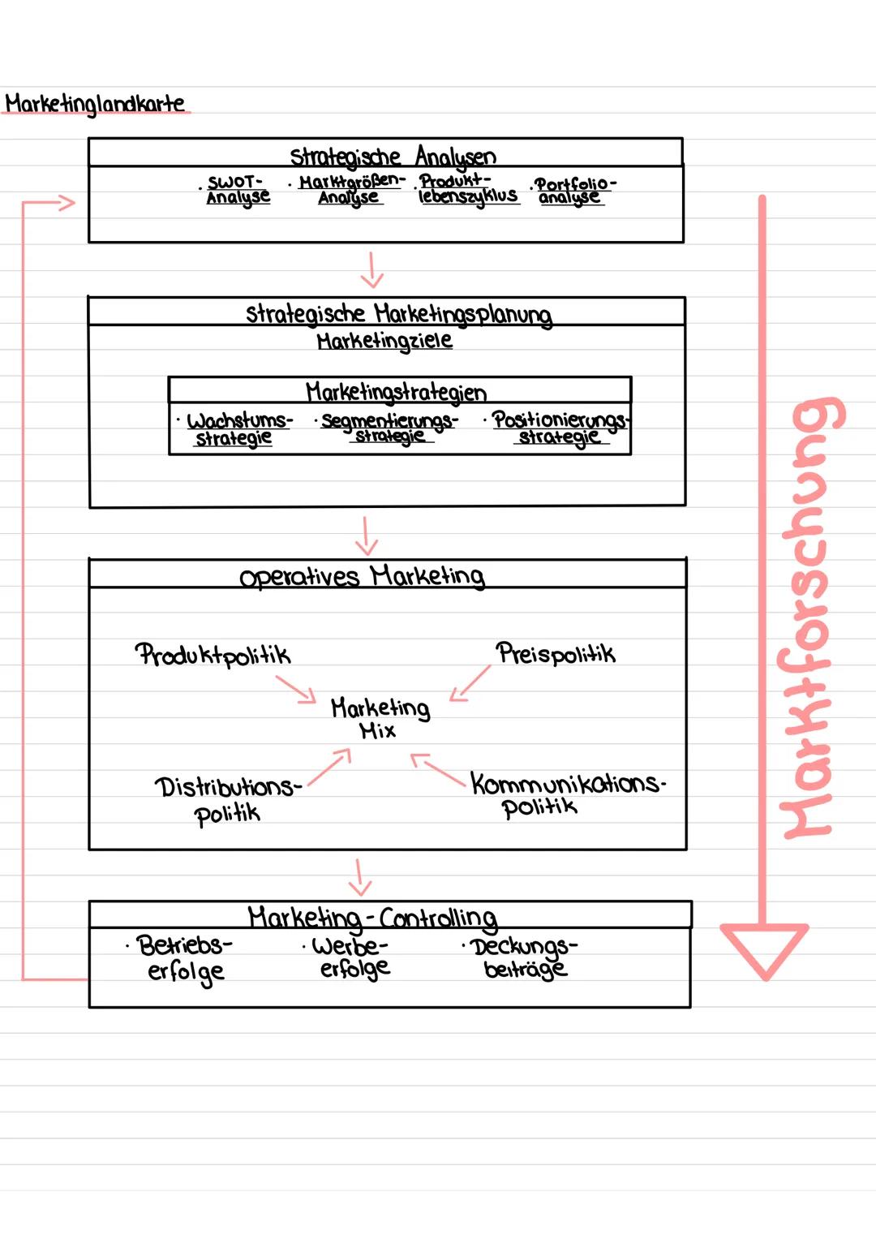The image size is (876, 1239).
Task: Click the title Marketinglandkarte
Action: tap(95, 104)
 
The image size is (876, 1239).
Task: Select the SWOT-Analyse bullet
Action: tap(237, 190)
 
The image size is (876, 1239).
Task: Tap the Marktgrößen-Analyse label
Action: tap(350, 189)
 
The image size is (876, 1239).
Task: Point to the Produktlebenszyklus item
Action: tap(467, 188)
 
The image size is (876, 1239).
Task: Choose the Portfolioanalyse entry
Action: tap(573, 190)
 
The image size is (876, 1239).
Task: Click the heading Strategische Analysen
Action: tap(393, 155)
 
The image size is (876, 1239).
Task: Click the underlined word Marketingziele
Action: tap(384, 341)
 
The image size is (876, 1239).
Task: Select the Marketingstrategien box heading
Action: tap(396, 392)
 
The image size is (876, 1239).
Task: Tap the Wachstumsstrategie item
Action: tap(236, 429)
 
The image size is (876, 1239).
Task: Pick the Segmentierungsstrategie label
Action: tap(389, 428)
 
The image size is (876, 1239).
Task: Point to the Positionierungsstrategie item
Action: tap(560, 428)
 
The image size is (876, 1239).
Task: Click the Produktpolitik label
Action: tap(213, 654)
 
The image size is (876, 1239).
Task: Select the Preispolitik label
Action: tap(556, 653)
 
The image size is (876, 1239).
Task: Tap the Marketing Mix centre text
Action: tap(380, 718)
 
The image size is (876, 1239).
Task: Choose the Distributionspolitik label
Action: tap(226, 799)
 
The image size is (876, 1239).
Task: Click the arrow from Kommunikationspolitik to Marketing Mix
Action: tap(438, 770)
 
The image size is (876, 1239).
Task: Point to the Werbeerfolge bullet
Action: tap(353, 957)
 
